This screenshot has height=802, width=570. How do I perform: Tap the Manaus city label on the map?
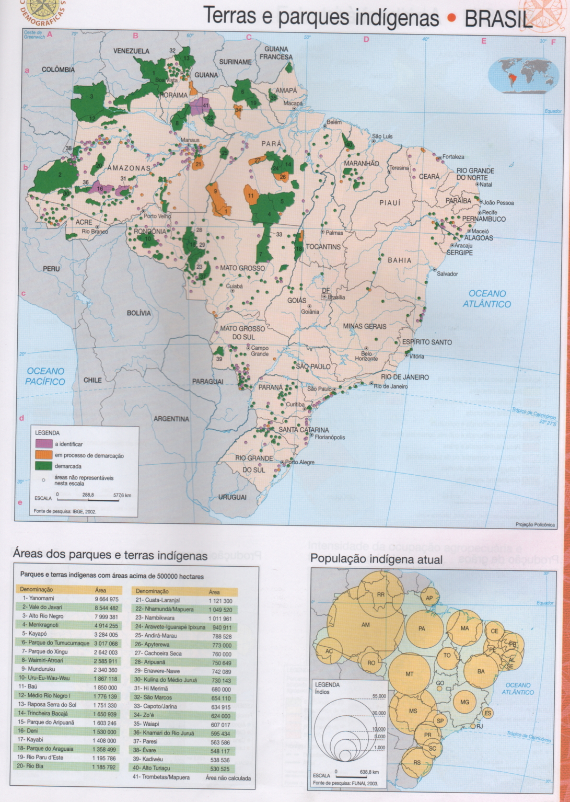[x=190, y=140]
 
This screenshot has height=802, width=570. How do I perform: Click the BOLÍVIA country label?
[x=138, y=313]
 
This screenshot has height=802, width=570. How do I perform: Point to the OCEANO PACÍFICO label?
[x=45, y=376]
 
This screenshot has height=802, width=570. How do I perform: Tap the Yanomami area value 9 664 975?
[x=106, y=599]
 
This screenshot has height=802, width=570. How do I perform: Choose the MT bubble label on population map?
[x=410, y=674]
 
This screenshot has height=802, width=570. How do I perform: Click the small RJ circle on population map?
[x=473, y=726]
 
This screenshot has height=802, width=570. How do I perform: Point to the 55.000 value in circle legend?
[x=379, y=696]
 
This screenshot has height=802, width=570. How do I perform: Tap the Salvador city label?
[x=447, y=273]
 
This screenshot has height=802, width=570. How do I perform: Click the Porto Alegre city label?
[x=299, y=462]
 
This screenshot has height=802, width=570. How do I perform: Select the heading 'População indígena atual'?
[x=376, y=559]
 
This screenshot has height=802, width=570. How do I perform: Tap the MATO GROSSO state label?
[x=242, y=268]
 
